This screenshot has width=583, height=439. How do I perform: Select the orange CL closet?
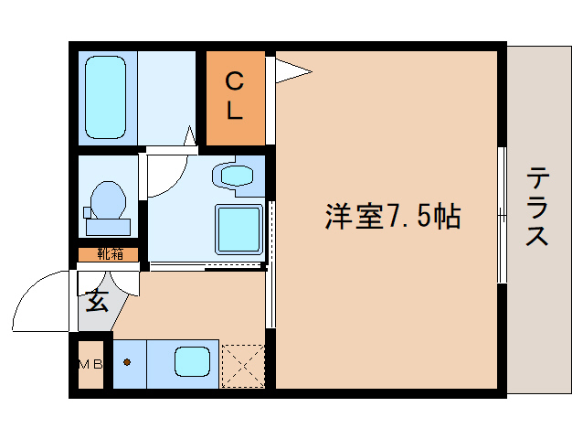pos(234,98)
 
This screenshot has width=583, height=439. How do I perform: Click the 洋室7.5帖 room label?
pos(391,217)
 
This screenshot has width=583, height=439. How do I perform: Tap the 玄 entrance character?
pos(95,299)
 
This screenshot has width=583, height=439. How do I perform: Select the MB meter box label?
pos(90,364)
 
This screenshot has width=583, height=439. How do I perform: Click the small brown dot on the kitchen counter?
pos(127,361)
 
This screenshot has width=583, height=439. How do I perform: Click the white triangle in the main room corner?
pos(291,69)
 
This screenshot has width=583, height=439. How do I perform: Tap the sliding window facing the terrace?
pos(501,215)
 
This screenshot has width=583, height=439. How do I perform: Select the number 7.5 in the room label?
pos(408,217)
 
